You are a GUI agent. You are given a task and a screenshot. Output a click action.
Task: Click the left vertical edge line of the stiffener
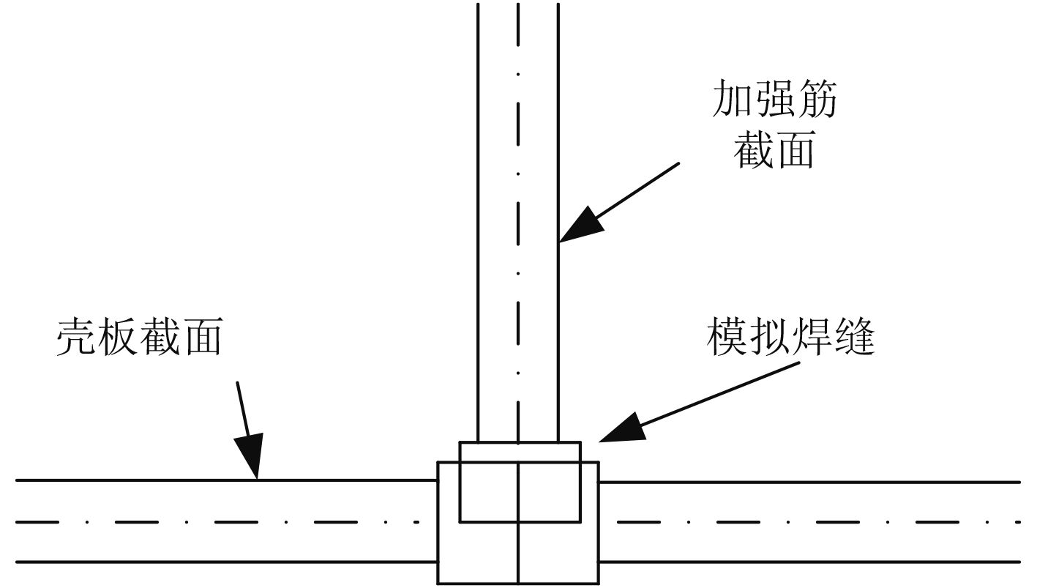(478, 220)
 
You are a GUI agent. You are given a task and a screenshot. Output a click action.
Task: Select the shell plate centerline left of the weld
(220, 522)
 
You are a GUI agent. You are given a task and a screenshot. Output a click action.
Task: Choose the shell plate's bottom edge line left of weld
(220, 562)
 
